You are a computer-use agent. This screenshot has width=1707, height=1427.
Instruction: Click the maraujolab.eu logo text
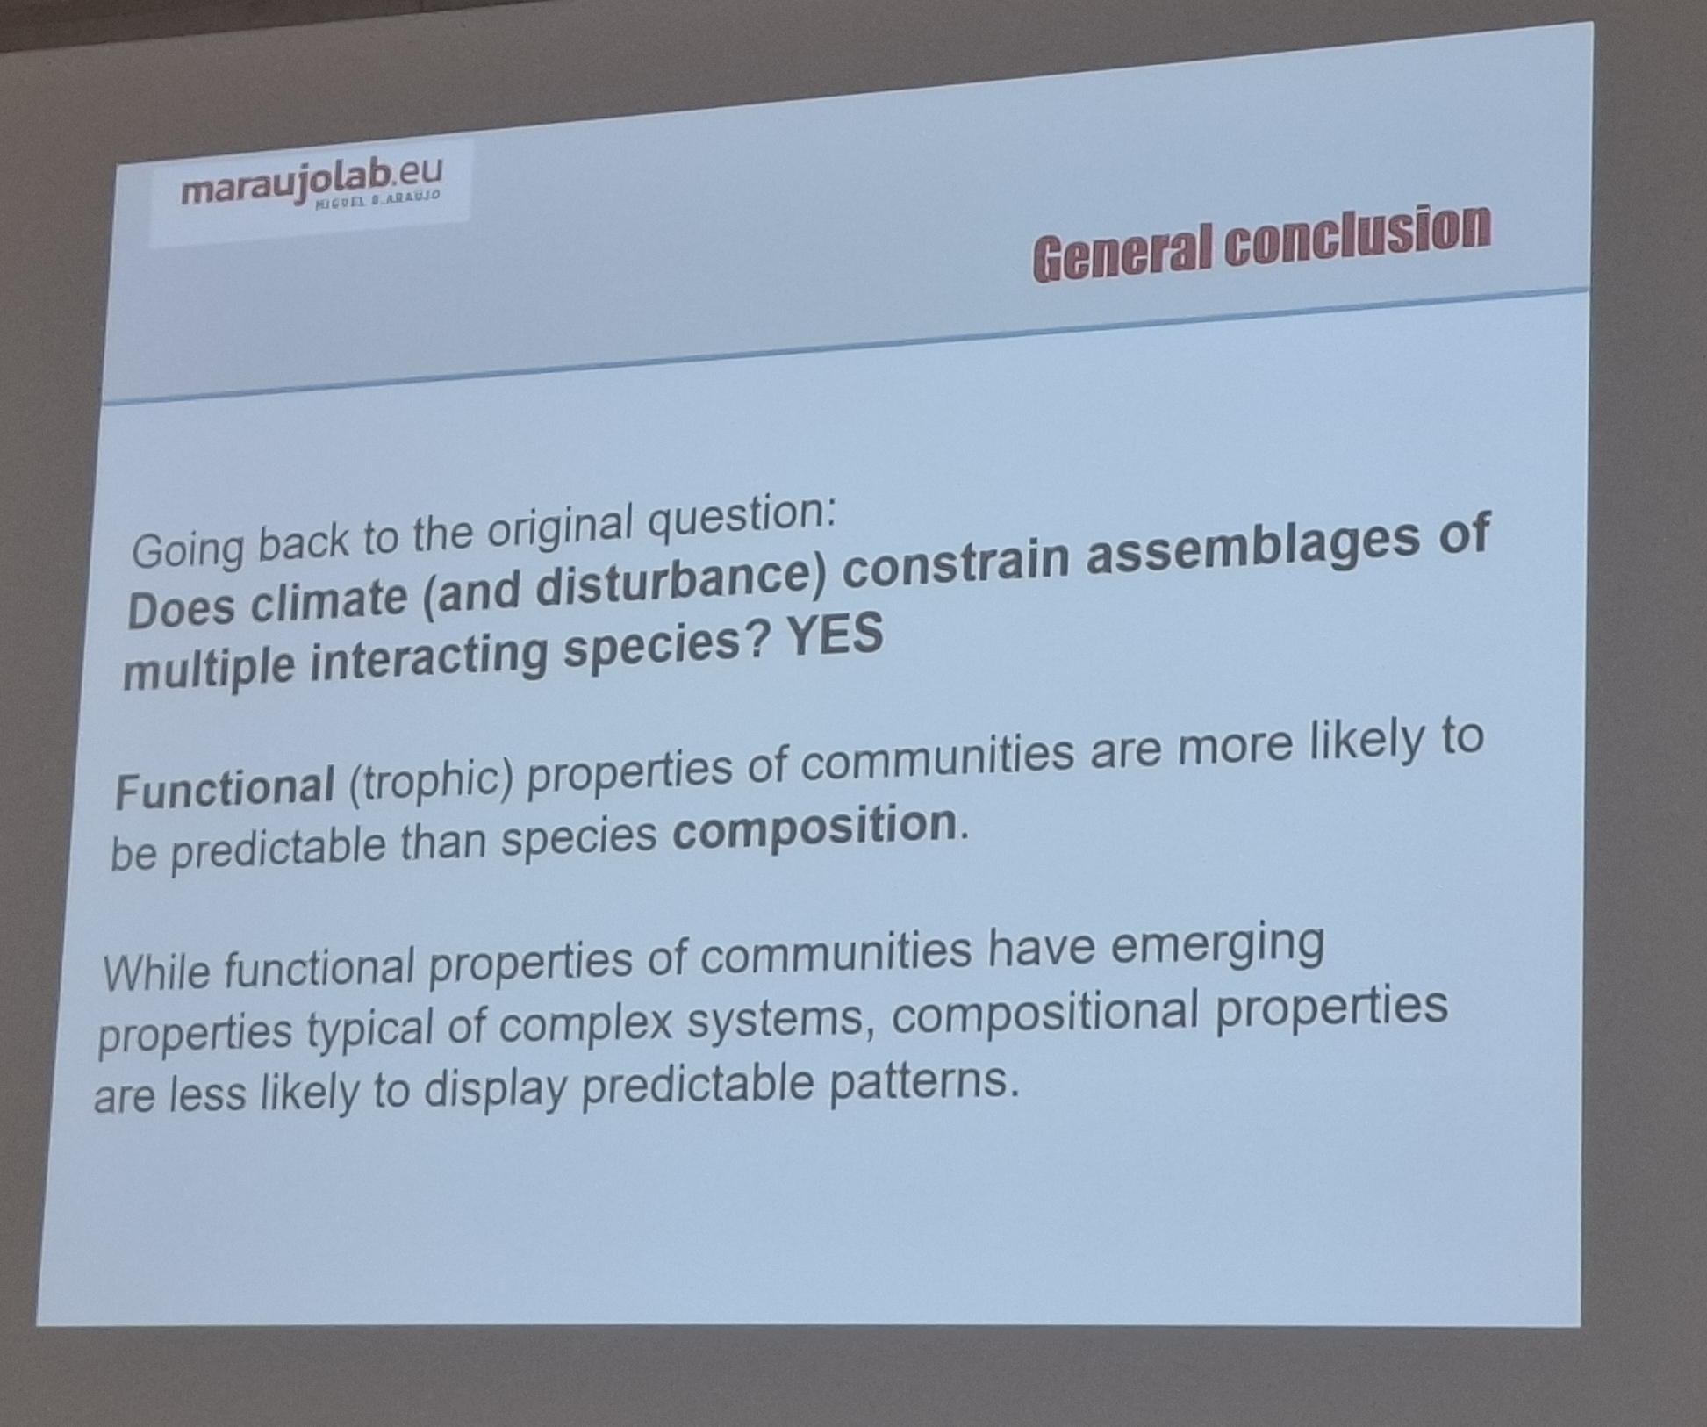point(312,182)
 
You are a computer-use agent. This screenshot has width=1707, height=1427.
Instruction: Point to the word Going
point(189,550)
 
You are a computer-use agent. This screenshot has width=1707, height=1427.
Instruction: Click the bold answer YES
point(835,635)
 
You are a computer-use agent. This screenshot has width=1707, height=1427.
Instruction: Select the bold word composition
point(814,828)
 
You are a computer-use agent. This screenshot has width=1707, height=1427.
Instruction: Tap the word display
point(496,1088)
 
